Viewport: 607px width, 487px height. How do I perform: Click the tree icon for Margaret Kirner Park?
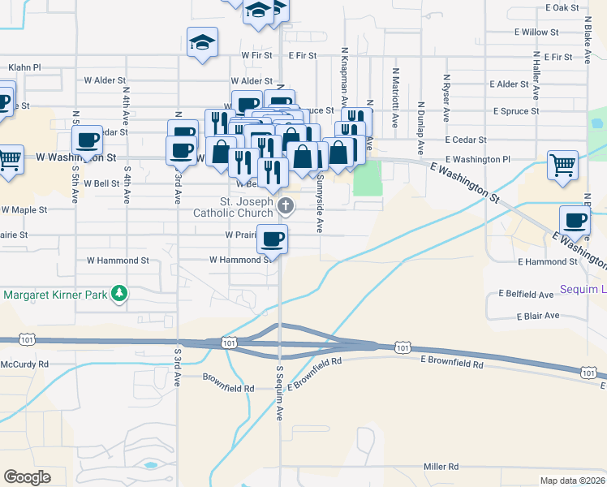pyautogui.click(x=119, y=293)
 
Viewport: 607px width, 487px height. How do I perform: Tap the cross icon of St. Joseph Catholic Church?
pyautogui.click(x=286, y=206)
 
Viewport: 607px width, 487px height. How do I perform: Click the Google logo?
pyautogui.click(x=27, y=476)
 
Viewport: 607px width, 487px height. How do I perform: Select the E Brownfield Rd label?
pyautogui.click(x=453, y=365)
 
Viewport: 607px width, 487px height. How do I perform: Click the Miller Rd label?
pyautogui.click(x=441, y=467)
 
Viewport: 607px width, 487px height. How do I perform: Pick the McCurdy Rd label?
pyautogui.click(x=25, y=364)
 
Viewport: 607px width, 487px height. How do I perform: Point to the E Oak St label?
pyautogui.click(x=562, y=7)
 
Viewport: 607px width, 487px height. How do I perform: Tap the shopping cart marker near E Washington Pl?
pyautogui.click(x=562, y=165)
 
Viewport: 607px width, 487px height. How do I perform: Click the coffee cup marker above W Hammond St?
pyautogui.click(x=272, y=239)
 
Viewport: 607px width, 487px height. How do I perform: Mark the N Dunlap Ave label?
pyautogui.click(x=421, y=128)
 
